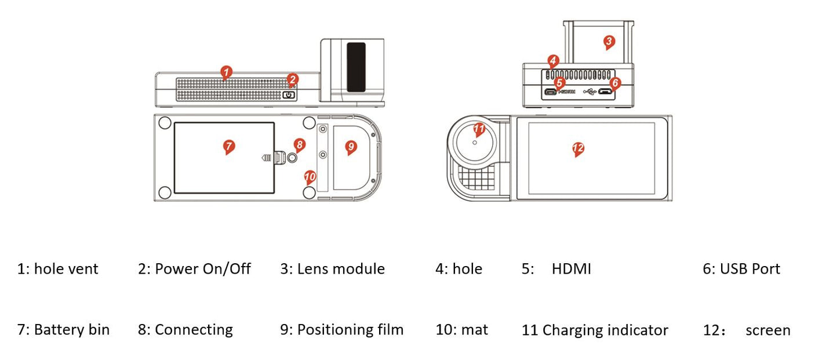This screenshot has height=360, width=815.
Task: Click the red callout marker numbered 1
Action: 227,72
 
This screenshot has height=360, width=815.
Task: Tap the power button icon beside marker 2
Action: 289,94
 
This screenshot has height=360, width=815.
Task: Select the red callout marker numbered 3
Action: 608,41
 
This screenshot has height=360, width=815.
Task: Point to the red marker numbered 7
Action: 229,146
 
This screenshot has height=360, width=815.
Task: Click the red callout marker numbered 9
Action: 351,147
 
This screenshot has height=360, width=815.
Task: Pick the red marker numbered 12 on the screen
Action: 577,148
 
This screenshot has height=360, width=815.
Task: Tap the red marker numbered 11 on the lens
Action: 479,129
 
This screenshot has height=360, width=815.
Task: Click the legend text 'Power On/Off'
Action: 203,269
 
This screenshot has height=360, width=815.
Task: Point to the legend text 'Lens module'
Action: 341,269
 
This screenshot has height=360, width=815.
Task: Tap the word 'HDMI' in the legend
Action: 571,269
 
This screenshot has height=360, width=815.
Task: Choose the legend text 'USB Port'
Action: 749,269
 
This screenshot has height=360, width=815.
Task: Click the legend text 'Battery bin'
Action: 71,330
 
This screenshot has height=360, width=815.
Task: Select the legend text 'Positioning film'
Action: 350,330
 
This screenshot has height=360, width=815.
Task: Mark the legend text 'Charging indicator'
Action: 605,330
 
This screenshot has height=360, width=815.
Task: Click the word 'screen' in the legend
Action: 767,330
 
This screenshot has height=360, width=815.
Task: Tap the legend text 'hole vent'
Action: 66,269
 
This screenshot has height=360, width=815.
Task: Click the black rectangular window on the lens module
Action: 356,67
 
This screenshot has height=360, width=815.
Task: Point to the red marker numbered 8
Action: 299,144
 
